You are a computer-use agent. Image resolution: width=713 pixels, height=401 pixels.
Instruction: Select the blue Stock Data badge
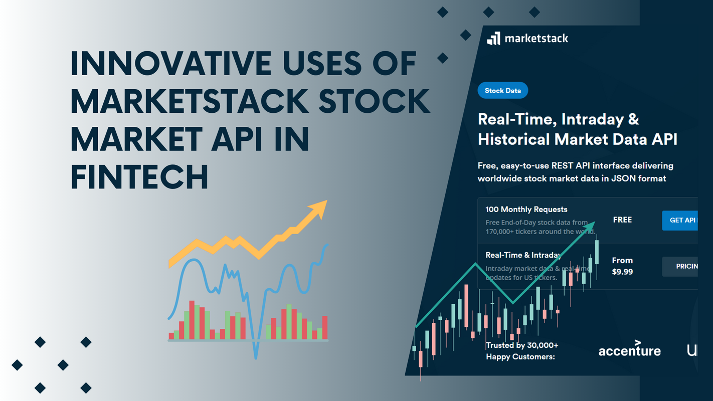pyautogui.click(x=502, y=91)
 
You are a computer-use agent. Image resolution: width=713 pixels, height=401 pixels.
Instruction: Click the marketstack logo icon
pyautogui.click(x=493, y=39)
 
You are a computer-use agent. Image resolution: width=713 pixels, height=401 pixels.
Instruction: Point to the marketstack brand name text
pyautogui.click(x=536, y=39)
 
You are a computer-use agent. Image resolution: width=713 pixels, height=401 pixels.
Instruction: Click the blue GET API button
pyautogui.click(x=680, y=220)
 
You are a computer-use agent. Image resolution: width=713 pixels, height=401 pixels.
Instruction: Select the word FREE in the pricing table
pyautogui.click(x=622, y=220)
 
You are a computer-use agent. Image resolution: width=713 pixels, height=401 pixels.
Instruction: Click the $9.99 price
pyautogui.click(x=622, y=272)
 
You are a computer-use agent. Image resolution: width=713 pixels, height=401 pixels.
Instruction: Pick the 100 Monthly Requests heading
pyautogui.click(x=526, y=210)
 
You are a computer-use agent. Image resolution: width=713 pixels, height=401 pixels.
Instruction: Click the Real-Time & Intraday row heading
pyautogui.click(x=522, y=255)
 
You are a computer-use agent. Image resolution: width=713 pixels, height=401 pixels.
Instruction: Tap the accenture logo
pyautogui.click(x=629, y=349)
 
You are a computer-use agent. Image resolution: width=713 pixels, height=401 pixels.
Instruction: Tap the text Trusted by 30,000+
pyautogui.click(x=522, y=345)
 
